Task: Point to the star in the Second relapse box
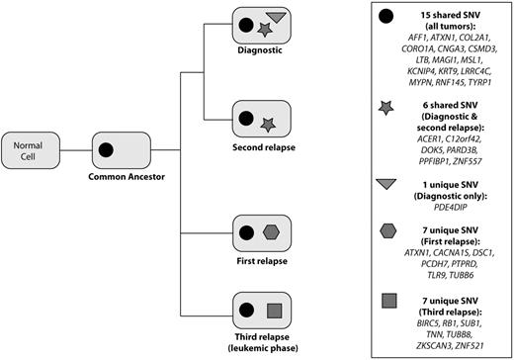coord(268,123)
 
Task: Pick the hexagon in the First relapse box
coord(272,233)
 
